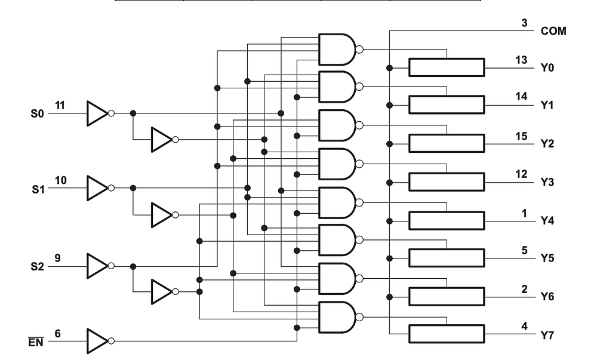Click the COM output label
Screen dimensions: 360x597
click(553, 30)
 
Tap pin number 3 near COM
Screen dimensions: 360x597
click(524, 23)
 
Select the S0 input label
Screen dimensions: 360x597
click(38, 113)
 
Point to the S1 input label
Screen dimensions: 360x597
click(38, 188)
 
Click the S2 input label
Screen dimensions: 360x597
click(38, 266)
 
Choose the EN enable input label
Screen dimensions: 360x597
click(38, 343)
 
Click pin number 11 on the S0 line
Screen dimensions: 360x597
click(60, 105)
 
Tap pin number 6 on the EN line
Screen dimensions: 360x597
click(58, 334)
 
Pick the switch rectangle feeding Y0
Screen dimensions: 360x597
click(446, 67)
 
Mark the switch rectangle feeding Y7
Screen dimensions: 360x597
click(446, 334)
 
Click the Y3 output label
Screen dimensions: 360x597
click(547, 182)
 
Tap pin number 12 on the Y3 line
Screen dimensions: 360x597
click(521, 174)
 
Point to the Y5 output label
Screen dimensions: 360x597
click(547, 259)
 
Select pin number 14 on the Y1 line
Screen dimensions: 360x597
click(521, 97)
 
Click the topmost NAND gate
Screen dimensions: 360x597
click(337, 49)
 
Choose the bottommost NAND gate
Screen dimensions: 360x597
click(337, 316)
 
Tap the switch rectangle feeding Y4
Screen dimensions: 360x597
click(446, 220)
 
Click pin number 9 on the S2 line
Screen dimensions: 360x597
click(58, 258)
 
